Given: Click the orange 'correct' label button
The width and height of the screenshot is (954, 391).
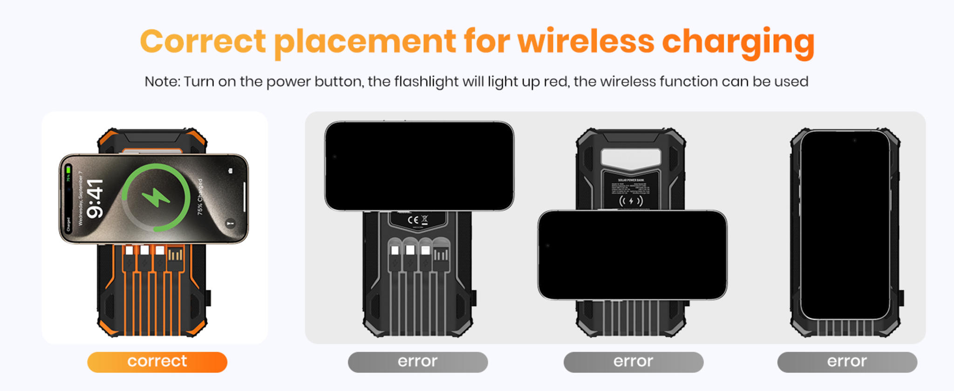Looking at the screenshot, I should point(157,362).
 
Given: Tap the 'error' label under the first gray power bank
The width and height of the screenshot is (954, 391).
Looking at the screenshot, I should point(417,362).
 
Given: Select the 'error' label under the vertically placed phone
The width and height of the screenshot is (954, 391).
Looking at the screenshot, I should point(847,362).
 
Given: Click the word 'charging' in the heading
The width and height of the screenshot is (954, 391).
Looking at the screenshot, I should point(738,42).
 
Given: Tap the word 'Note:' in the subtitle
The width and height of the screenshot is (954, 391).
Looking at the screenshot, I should point(162,82).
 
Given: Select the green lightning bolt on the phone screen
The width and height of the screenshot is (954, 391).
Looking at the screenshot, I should point(156,197).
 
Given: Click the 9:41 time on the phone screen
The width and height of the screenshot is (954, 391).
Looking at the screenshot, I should point(95,199).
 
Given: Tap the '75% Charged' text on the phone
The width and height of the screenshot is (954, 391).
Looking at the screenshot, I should point(200,197).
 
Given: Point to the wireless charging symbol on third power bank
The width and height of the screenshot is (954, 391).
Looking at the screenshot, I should point(631,201).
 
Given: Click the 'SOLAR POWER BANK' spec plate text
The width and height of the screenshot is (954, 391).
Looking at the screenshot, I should point(631,180).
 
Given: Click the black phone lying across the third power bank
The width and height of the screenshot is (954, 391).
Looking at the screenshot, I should point(632,255).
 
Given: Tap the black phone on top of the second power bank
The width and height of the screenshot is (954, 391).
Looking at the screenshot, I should point(419,166).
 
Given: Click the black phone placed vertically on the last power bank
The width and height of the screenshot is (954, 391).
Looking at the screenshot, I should point(845,225).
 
